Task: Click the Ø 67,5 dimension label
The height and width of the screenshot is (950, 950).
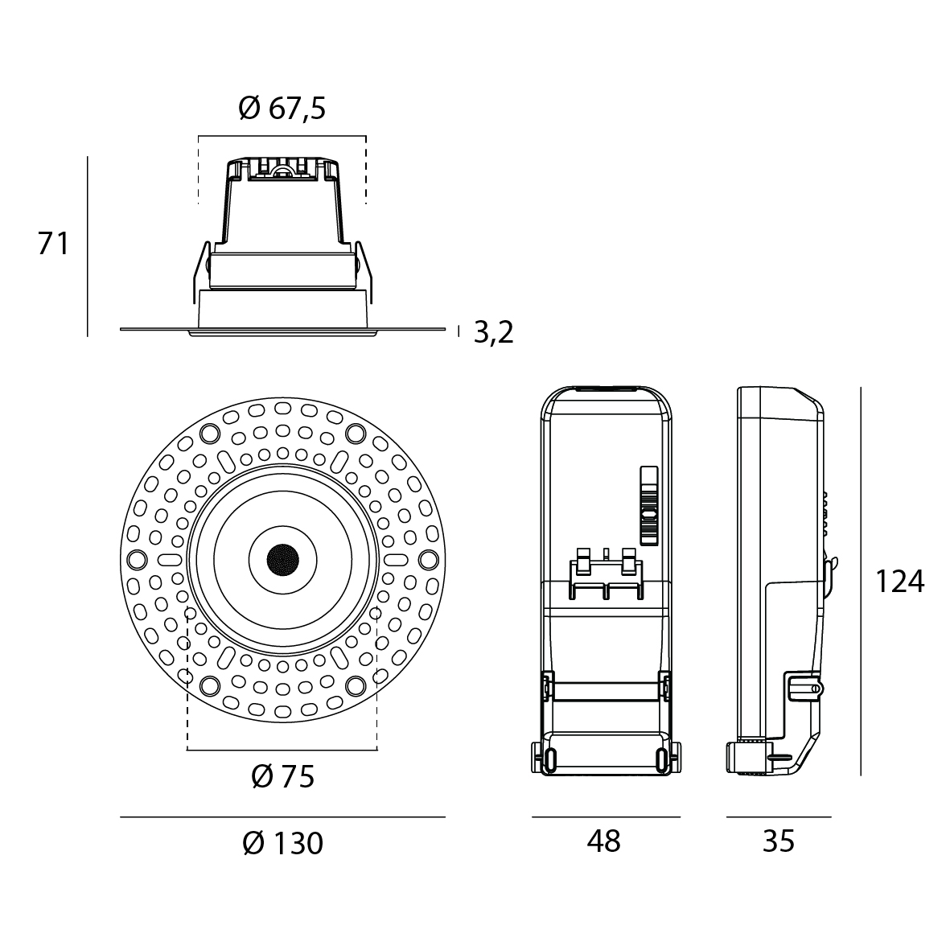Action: [x=282, y=108]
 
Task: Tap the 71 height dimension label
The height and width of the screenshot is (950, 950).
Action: [x=54, y=244]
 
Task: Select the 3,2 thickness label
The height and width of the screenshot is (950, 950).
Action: [x=493, y=331]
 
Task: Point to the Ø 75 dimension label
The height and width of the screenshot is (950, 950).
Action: [x=282, y=776]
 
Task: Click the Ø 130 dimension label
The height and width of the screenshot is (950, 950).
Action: [x=282, y=844]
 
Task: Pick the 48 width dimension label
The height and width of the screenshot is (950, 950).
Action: [x=604, y=841]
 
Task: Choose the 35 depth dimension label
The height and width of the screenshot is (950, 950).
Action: [x=778, y=841]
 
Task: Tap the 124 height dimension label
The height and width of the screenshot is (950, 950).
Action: [x=899, y=581]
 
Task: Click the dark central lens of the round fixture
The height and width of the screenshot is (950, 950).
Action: [x=282, y=557]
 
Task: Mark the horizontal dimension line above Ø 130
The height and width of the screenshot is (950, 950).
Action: [x=282, y=817]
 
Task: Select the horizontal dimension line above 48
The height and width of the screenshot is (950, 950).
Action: [x=606, y=817]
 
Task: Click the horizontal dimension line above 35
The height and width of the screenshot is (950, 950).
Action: [x=778, y=817]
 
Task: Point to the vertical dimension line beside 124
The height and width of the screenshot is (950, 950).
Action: [x=861, y=581]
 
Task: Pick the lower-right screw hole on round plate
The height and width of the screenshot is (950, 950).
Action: [x=355, y=685]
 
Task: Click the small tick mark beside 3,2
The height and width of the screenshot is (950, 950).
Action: [x=459, y=331]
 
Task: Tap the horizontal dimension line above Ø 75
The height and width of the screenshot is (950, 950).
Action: [x=282, y=751]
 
